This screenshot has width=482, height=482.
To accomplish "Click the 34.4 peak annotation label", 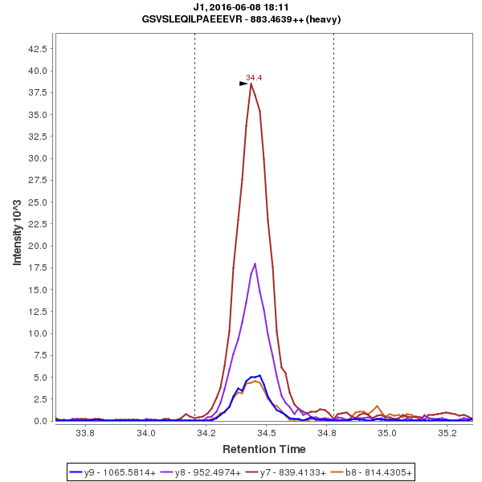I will click(254, 78).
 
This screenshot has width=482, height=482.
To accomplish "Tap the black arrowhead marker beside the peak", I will click(244, 84).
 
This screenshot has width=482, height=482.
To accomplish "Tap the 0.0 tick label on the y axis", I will click(39, 421).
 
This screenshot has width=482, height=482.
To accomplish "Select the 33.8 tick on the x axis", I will click(85, 433).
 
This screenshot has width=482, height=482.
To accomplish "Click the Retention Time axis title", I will click(263, 448).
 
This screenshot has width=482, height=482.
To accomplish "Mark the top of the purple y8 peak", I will click(255, 263).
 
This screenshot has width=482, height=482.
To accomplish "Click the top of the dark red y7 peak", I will click(251, 84).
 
